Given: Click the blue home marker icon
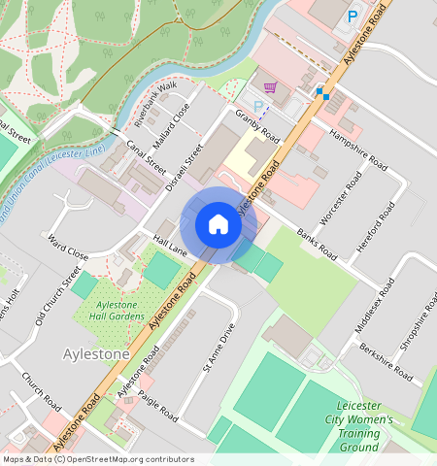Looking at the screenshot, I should pos(218,225).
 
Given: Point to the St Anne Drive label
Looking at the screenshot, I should pos(218,349).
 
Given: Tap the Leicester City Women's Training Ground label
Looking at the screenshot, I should pos(364,427).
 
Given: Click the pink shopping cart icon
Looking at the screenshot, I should pos(270,87).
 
